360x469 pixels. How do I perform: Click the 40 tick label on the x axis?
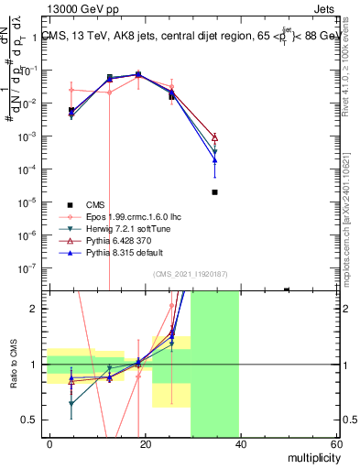[241, 443]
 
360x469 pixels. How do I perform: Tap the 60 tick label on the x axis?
[335, 443]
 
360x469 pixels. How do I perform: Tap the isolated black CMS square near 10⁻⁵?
[214, 192]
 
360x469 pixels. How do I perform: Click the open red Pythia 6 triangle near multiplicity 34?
[214, 136]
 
